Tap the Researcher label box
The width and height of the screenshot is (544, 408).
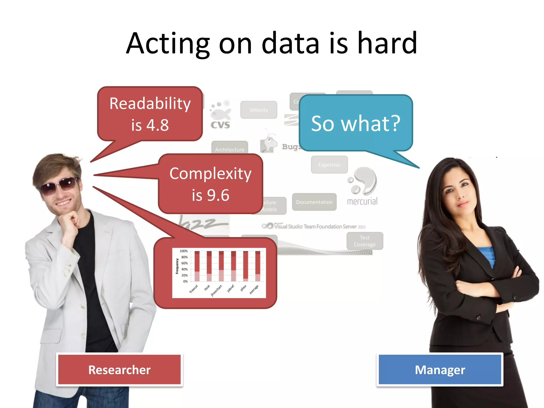click(119, 369)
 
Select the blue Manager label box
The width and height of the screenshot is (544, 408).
click(440, 369)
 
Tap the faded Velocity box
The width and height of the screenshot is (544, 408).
click(258, 110)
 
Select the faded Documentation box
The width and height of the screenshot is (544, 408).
click(314, 202)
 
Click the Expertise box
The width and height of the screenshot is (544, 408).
click(329, 165)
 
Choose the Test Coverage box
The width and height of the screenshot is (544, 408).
click(364, 241)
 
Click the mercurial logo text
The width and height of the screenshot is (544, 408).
click(362, 201)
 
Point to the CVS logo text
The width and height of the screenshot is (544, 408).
click(220, 125)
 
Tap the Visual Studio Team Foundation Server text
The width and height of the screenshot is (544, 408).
click(320, 227)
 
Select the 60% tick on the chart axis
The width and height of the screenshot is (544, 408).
click(184, 263)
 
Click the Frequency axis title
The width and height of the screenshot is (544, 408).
click(177, 266)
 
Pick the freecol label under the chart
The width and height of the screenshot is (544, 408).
click(194, 289)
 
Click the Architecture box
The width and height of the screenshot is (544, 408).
click(229, 149)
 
